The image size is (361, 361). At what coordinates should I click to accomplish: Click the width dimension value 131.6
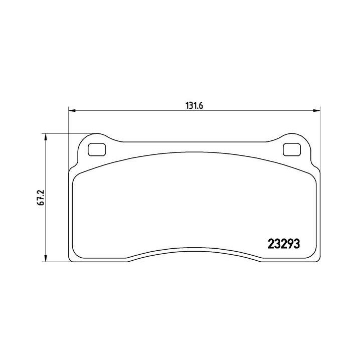(194, 105)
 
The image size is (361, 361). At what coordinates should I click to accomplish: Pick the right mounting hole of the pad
(290, 149)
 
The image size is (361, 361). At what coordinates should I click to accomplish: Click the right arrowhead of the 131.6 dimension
(316, 110)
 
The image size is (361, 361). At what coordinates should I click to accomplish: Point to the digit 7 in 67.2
(44, 200)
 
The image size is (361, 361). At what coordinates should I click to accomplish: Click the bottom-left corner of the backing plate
(69, 260)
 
